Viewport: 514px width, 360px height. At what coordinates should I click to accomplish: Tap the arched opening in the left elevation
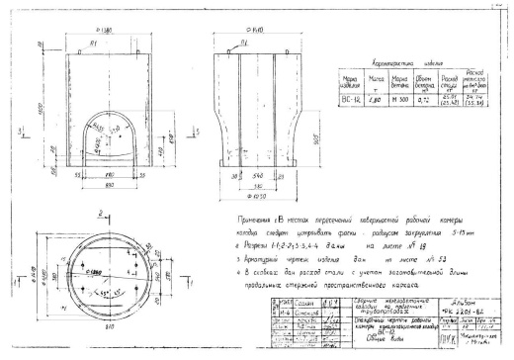tap(115, 135)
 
